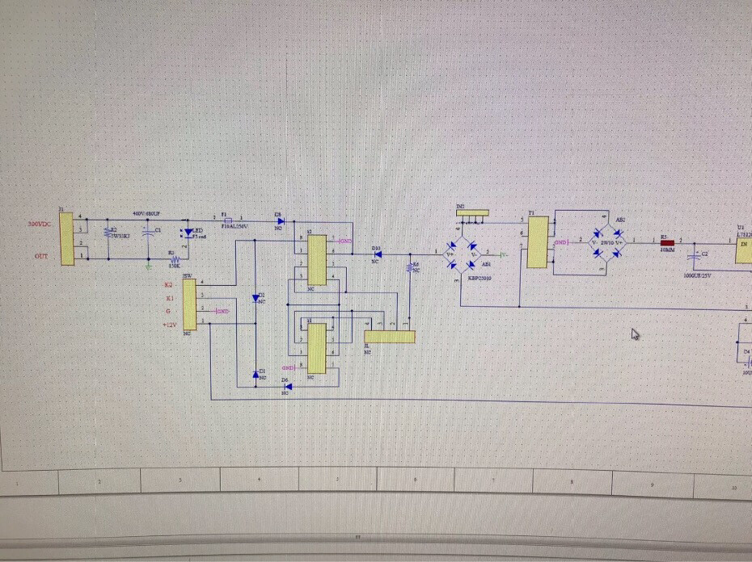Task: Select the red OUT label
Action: coord(40,256)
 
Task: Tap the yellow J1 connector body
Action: coord(67,237)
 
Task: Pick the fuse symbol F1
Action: coord(229,220)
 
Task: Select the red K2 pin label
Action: coord(168,285)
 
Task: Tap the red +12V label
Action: coord(169,325)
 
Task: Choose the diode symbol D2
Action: coord(256,298)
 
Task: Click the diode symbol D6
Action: coord(289,386)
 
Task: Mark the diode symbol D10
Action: coord(378,254)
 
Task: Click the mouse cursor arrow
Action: coord(636,333)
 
